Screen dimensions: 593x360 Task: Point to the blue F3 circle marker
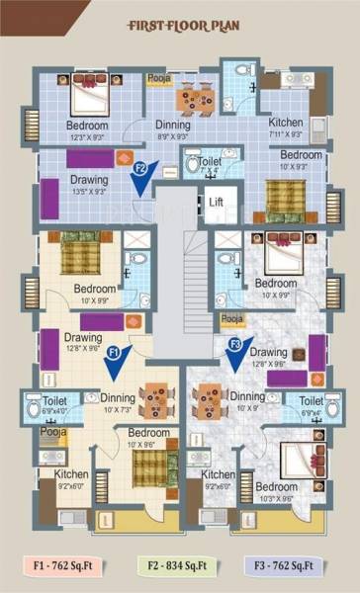pyautogui.click(x=234, y=344)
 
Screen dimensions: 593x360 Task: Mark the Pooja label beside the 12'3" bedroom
pyautogui.click(x=157, y=76)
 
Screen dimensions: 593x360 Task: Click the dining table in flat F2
pyautogui.click(x=194, y=97)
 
